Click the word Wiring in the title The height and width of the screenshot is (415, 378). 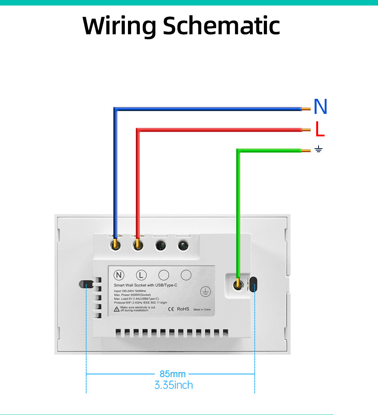coord(120,26)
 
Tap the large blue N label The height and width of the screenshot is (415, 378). coord(321,107)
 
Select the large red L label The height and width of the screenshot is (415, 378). coord(320,129)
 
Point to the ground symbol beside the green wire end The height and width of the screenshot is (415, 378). coord(319,149)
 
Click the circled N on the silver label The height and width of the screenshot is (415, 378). coord(119,275)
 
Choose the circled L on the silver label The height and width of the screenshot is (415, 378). coord(141,275)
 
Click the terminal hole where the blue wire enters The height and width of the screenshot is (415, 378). coord(115,245)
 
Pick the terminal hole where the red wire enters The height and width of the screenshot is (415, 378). coord(138,245)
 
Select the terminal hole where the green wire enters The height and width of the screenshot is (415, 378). coord(237,285)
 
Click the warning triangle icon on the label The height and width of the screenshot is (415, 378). coord(117,309)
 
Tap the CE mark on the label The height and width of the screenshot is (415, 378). coord(171,309)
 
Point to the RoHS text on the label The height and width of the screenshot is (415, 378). coord(183,309)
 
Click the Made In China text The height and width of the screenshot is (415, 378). coord(202,309)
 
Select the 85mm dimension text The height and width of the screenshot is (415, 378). coord(172,374)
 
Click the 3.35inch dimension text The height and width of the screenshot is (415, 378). coord(174,385)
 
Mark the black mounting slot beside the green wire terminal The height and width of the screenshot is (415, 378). coord(254,284)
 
